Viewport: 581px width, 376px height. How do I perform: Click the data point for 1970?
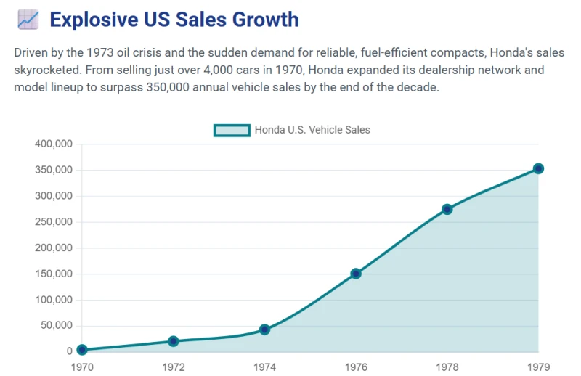82,349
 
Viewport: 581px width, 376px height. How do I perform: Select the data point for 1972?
173,341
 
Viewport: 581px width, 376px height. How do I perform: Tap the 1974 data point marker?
264,330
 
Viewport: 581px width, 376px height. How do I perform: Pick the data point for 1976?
356,274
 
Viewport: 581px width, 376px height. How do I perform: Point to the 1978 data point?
447,209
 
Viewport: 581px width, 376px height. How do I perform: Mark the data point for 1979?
538,168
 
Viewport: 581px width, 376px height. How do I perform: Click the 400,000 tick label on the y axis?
54,144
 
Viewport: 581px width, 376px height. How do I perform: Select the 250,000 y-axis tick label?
54,222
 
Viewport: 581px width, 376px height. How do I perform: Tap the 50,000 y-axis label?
57,326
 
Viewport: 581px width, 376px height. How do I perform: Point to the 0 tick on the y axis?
69,351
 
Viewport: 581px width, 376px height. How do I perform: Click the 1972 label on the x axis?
173,367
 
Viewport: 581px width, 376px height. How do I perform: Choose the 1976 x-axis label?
356,367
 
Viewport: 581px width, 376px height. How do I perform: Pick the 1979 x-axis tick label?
538,367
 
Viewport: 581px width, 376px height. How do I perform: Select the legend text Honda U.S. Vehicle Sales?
312,130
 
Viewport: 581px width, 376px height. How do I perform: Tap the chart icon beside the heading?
28,20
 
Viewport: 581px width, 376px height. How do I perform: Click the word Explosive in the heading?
94,20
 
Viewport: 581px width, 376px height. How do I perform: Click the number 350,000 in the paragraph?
168,87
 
